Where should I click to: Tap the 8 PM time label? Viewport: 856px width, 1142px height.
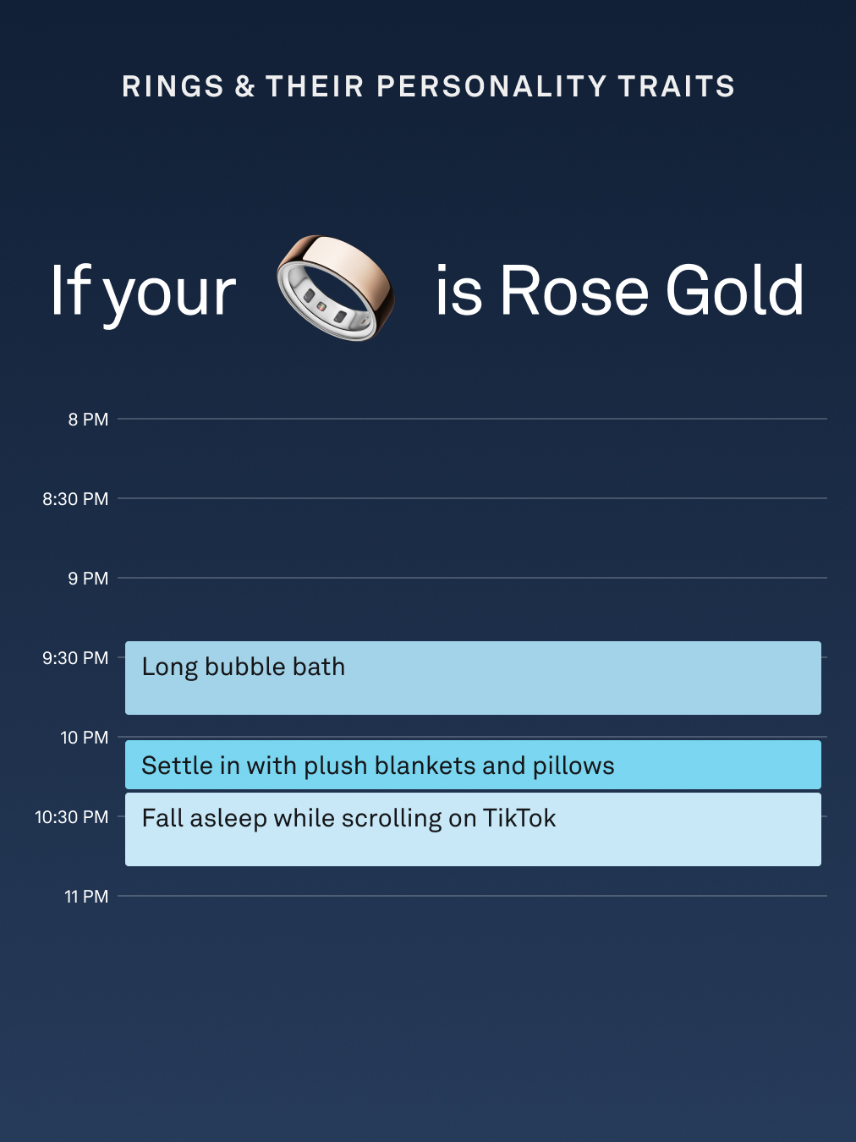click(x=88, y=420)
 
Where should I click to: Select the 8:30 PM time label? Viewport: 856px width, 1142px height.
click(x=75, y=499)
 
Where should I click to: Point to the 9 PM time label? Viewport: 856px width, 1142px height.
click(x=88, y=579)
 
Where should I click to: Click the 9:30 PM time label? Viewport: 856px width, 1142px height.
click(x=75, y=658)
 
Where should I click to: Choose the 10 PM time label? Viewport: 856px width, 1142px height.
click(x=85, y=738)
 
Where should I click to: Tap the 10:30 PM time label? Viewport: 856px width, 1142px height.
click(x=72, y=817)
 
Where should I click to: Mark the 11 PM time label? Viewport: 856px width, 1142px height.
click(x=86, y=897)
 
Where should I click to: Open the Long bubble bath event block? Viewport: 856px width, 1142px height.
click(x=473, y=678)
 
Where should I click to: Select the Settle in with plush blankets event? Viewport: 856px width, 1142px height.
click(x=473, y=765)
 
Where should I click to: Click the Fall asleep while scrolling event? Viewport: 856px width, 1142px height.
click(x=473, y=829)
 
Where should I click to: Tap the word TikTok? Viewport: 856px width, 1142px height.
click(x=519, y=818)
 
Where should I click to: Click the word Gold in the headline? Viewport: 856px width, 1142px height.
click(x=734, y=289)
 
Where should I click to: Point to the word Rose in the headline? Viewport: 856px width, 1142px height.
click(x=574, y=289)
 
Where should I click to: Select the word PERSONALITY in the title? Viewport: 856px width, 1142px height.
click(x=491, y=86)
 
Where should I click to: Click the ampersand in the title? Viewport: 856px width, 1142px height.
click(x=244, y=86)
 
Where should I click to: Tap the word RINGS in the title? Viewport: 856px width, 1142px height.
click(x=173, y=86)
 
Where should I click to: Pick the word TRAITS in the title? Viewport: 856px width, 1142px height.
click(x=677, y=86)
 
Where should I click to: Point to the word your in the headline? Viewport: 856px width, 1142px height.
click(x=170, y=294)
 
